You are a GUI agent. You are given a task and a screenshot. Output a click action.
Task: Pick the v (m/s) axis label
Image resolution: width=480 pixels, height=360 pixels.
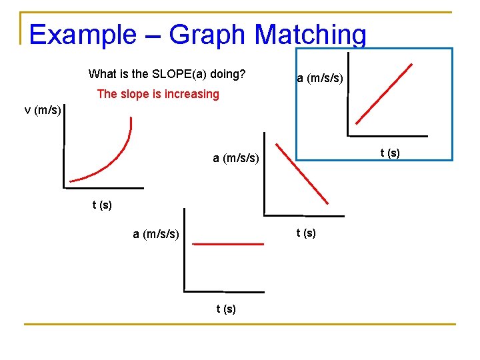point(43,110)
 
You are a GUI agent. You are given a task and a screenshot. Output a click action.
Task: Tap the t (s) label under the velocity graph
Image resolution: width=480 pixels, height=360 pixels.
point(102,205)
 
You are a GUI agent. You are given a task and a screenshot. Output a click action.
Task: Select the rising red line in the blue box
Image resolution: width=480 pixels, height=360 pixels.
point(385,93)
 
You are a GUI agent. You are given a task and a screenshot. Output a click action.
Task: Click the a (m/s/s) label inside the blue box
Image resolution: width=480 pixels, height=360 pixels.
point(320,79)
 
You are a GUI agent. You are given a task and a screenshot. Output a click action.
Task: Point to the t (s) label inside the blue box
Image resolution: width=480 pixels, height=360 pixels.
point(390,153)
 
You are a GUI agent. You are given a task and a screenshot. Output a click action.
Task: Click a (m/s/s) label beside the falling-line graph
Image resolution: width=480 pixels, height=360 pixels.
point(236,158)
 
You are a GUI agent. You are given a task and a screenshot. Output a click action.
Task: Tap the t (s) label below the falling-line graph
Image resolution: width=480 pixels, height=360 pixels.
point(306,233)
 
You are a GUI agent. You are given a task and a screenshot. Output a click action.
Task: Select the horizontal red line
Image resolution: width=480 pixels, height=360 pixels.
point(228,244)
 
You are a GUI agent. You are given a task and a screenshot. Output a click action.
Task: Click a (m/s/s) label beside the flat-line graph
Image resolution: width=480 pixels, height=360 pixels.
point(156,234)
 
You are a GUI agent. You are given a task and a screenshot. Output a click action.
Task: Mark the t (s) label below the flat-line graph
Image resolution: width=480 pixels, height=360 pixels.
point(226,309)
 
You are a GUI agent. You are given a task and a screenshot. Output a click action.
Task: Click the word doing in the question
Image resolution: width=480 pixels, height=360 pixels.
point(229,74)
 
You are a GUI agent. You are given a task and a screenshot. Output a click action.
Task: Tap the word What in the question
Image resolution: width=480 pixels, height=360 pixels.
point(103,74)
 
